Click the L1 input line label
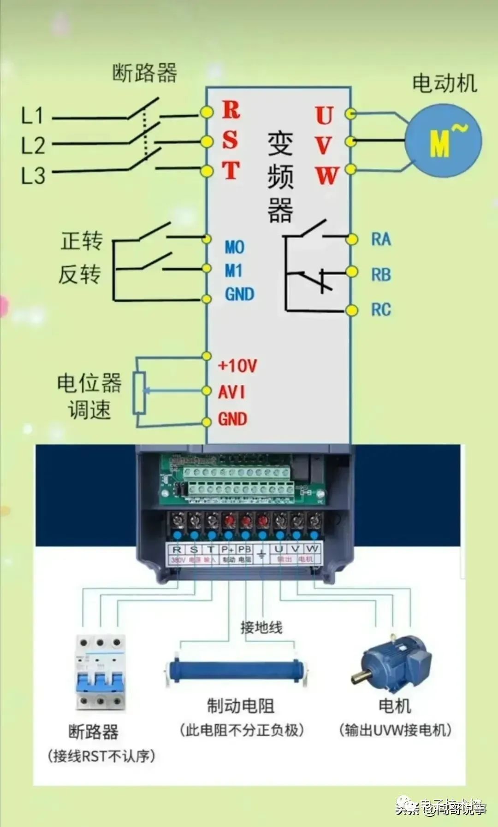click(32, 115)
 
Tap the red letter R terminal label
click(231, 110)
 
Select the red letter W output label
click(326, 176)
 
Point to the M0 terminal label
click(234, 247)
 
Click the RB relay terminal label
click(381, 275)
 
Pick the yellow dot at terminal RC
click(352, 310)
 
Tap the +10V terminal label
click(237, 366)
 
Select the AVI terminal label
click(232, 392)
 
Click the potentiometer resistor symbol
click(139, 393)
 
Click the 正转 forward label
click(82, 241)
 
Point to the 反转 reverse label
click(79, 275)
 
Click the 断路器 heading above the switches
click(145, 73)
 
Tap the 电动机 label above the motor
click(444, 83)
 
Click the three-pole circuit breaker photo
click(101, 673)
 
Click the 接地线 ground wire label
click(261, 628)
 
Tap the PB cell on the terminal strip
click(244, 550)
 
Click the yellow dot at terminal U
click(351, 113)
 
